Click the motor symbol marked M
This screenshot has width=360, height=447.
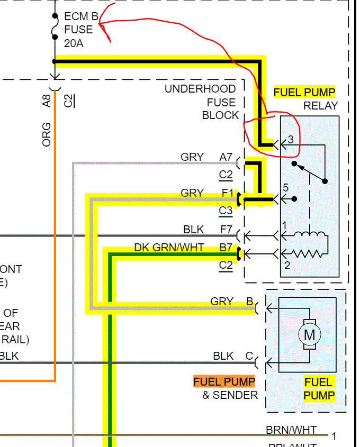[310, 334]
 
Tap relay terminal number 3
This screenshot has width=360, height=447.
[290, 140]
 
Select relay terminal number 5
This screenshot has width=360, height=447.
[286, 187]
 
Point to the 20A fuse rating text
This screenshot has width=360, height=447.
[74, 43]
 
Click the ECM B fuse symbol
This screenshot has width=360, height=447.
[55, 29]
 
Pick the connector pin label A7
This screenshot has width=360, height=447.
[226, 157]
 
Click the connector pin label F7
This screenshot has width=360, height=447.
[226, 229]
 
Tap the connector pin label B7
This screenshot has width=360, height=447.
[226, 248]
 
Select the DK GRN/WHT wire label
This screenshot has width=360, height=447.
[169, 248]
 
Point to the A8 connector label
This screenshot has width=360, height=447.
[47, 101]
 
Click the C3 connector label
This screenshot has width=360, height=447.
[226, 211]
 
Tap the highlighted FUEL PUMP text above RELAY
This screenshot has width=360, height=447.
[304, 92]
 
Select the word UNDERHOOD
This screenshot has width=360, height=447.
[200, 89]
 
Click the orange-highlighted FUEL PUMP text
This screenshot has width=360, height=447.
[224, 381]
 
